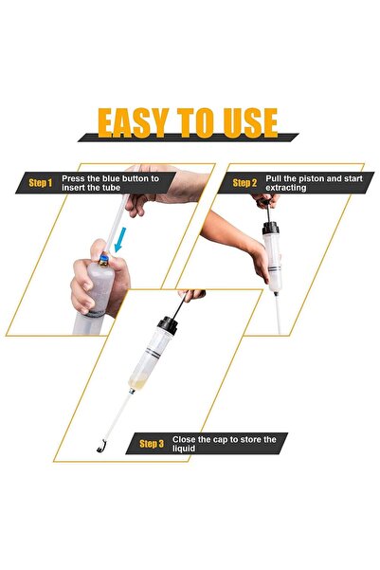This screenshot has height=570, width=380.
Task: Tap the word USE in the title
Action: click(245, 123)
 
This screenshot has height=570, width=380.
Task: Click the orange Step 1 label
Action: click(41, 183)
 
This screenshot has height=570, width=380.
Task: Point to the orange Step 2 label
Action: click(244, 182)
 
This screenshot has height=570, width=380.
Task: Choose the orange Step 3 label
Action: click(151, 444)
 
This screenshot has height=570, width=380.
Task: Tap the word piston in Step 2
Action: click(304, 177)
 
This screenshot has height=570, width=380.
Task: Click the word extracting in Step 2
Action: click(289, 188)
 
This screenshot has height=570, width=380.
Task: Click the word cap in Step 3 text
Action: click(216, 439)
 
